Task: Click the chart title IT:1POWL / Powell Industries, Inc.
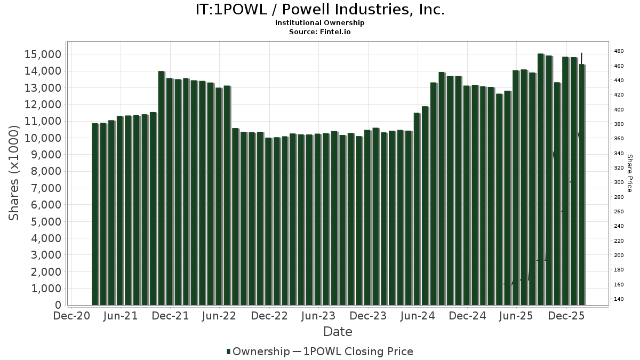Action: tap(319, 10)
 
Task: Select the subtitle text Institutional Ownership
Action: tap(319, 23)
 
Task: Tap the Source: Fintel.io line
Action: tap(319, 31)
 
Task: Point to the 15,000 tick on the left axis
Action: tap(43, 54)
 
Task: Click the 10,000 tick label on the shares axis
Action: tap(43, 138)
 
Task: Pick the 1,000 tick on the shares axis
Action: tap(46, 289)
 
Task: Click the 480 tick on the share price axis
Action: tap(619, 51)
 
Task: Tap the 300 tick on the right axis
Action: tap(619, 182)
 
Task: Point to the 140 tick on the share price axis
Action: tap(619, 299)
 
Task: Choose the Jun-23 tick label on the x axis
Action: tap(318, 316)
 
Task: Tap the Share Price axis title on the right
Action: tap(629, 173)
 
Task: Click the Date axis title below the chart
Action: tap(338, 332)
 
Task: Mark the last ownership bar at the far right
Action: tap(582, 185)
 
